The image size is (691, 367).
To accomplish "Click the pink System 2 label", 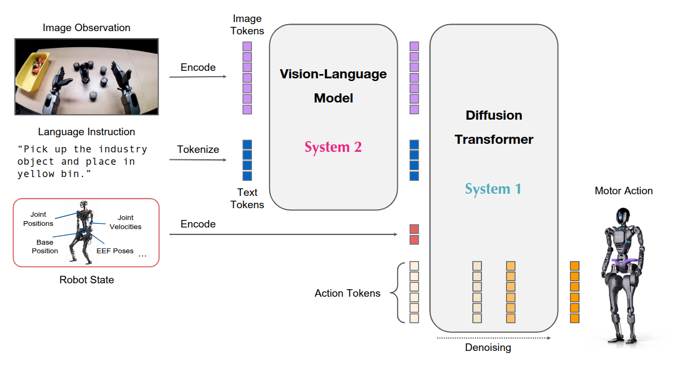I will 333,147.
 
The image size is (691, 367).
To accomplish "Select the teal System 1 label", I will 493,189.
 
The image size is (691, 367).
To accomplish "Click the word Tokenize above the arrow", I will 198,149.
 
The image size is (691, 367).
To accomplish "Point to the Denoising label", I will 487,348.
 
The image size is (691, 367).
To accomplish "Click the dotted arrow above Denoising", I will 493,338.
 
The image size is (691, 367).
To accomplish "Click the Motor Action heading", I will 623,190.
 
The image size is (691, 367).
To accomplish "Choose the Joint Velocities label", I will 125,222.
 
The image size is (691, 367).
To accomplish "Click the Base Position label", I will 45,247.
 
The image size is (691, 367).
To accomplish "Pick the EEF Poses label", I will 115,251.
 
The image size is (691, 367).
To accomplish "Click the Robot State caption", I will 86,280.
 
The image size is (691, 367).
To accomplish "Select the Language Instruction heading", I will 86,131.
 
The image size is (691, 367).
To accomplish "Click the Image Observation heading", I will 86,27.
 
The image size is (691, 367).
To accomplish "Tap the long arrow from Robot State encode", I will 284,234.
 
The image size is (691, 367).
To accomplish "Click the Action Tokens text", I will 347,293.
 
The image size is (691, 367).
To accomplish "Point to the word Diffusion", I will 494,115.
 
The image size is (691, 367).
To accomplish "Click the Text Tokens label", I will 247,199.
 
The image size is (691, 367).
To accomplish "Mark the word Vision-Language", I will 333,74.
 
